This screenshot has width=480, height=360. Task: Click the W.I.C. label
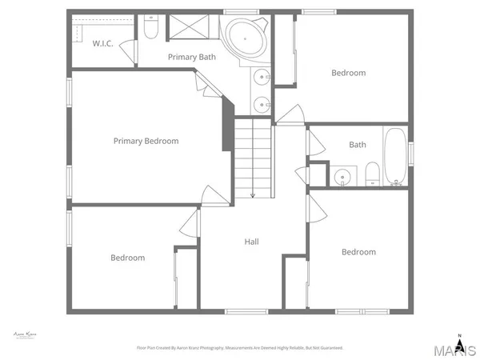[101, 43]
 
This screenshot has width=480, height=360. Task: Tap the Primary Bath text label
[191, 57]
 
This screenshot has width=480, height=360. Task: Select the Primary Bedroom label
[146, 141]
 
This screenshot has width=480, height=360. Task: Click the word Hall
[251, 242]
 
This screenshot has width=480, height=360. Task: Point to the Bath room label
[358, 145]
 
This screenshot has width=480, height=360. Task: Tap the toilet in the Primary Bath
[150, 29]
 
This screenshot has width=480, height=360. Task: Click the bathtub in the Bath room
[395, 158]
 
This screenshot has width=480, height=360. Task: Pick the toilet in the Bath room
[372, 174]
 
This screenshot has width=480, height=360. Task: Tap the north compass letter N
[458, 334]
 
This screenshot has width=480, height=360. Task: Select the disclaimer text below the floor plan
[240, 348]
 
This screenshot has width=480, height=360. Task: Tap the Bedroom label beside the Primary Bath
[348, 73]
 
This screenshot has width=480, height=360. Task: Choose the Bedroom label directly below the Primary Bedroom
[128, 258]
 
